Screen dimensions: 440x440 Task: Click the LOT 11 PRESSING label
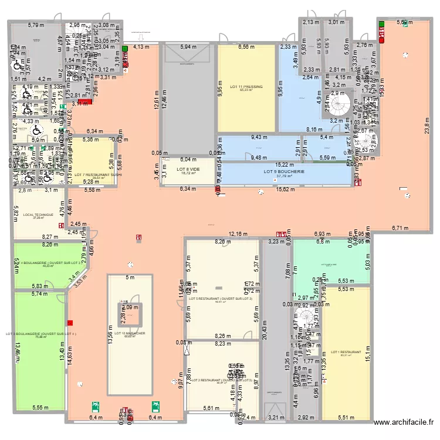tap(246, 86)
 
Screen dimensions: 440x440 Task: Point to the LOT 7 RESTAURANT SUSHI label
tap(97, 174)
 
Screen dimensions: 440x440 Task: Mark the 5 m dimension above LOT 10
tap(130, 277)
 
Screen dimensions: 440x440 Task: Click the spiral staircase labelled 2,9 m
tap(339, 106)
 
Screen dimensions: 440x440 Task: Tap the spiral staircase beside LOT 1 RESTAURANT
tap(305, 317)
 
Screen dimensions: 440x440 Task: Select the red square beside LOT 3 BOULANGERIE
tap(70, 322)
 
